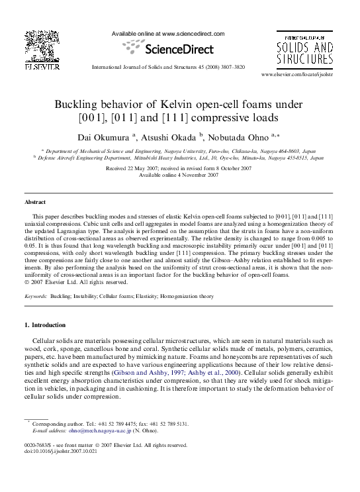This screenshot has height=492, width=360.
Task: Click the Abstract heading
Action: click(x=35, y=201)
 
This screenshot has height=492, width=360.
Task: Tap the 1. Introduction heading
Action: click(x=44, y=325)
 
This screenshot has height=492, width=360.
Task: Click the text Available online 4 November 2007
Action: click(x=179, y=175)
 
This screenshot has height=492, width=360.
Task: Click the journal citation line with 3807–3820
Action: click(x=177, y=66)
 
